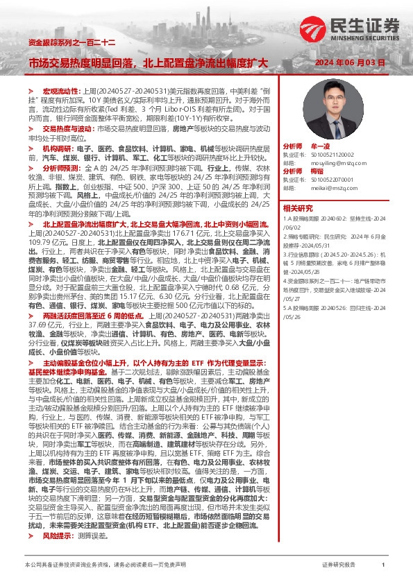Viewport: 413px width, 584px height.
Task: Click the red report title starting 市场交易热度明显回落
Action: [148, 63]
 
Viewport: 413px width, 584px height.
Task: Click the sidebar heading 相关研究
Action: [298, 207]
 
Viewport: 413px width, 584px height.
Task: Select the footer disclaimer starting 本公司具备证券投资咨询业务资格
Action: [105, 565]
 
